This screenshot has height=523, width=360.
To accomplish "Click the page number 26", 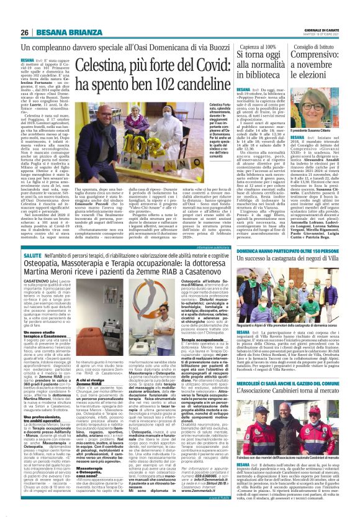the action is (25, 33).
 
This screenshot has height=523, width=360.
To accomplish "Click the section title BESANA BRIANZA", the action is (64, 33).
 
